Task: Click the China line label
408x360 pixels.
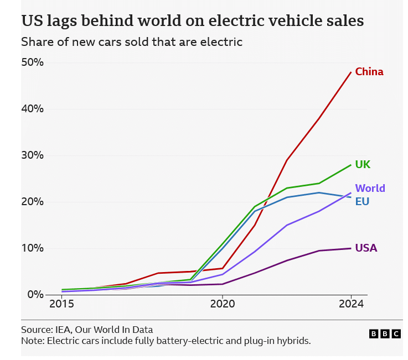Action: click(x=369, y=72)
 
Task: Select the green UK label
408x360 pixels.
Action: click(x=363, y=165)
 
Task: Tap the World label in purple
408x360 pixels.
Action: click(x=370, y=189)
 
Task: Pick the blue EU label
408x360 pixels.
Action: click(x=362, y=202)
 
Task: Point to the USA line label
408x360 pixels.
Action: click(x=366, y=248)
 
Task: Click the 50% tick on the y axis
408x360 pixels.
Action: click(x=33, y=62)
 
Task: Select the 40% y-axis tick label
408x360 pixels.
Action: click(x=33, y=108)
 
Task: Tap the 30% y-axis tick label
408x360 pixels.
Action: click(x=33, y=155)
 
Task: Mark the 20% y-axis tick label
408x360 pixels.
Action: click(x=33, y=201)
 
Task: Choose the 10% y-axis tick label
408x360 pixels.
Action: click(x=33, y=248)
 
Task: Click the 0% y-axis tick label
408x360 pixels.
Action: click(x=35, y=294)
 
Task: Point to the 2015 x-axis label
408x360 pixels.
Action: click(x=61, y=304)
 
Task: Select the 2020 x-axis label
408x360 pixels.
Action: click(x=221, y=304)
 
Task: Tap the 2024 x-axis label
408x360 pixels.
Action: click(x=351, y=304)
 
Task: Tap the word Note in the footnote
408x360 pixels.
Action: click(x=32, y=341)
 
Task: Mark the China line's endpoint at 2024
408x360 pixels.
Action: click(x=351, y=72)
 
